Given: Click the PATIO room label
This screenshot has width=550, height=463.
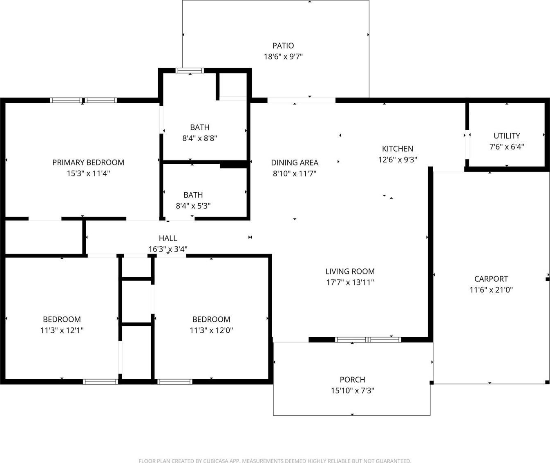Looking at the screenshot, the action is click(x=283, y=46).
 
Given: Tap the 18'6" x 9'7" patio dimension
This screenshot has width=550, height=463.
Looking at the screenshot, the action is click(x=283, y=57).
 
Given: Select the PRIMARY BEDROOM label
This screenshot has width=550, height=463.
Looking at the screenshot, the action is click(x=88, y=162).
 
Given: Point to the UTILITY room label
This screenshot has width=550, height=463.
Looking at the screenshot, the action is click(x=507, y=136).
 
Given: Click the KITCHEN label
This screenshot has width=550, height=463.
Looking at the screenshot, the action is click(x=398, y=149).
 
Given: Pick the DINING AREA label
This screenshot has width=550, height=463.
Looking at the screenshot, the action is click(x=295, y=162).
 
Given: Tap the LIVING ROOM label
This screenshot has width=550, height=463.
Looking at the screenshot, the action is click(x=350, y=272).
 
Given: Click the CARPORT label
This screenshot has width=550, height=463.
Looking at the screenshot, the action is click(x=491, y=279).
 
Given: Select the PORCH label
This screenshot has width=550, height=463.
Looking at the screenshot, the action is click(x=353, y=380).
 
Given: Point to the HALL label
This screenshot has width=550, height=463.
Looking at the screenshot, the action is click(x=168, y=238).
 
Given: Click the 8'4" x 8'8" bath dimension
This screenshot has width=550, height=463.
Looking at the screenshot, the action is click(x=200, y=138).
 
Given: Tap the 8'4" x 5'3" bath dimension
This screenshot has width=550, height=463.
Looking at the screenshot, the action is click(x=193, y=206).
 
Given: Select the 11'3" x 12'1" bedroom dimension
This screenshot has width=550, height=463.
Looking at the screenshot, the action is click(x=62, y=330).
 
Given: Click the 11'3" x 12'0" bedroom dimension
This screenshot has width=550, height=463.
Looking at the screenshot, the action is click(x=211, y=330).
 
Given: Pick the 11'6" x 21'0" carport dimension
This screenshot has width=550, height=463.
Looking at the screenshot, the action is click(x=491, y=290).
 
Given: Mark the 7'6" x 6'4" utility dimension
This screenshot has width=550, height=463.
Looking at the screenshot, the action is click(x=507, y=147).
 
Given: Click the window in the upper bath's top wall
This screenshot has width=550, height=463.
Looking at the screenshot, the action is click(x=190, y=71).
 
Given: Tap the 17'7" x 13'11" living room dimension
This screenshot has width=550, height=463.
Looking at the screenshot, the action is click(x=350, y=282).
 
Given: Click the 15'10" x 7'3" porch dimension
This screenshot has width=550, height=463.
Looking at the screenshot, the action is click(x=353, y=390).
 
